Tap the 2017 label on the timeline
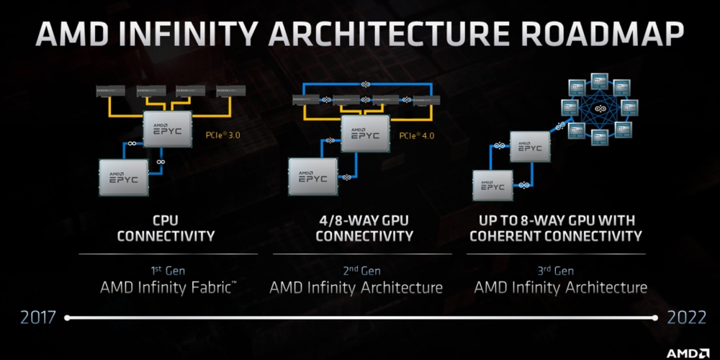click(x=36, y=318)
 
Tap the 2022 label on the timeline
click(x=686, y=318)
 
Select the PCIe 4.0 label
click(x=417, y=135)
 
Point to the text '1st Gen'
click(x=167, y=271)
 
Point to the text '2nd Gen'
click(x=356, y=271)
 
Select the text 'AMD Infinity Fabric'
click(x=167, y=288)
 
